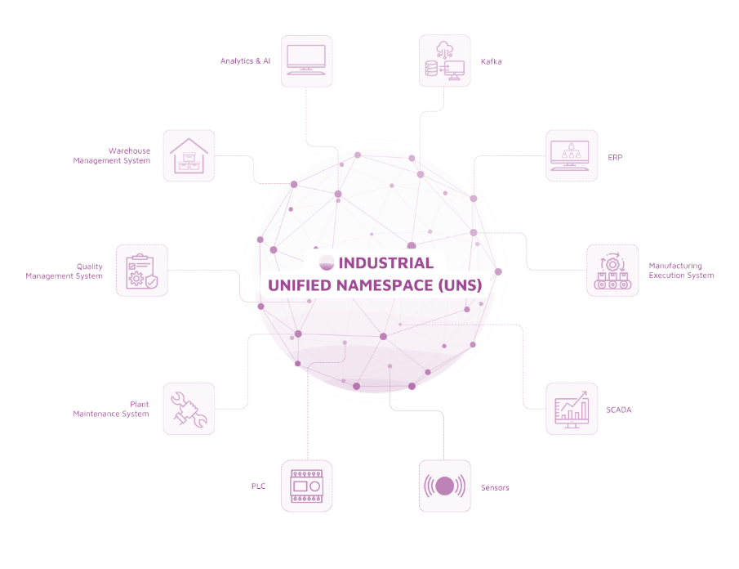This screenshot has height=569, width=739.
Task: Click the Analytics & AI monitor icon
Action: click(306, 60)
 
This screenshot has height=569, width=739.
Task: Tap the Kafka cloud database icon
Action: click(444, 60)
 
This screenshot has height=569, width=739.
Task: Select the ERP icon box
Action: click(572, 155)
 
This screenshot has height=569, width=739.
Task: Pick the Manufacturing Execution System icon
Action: click(612, 270)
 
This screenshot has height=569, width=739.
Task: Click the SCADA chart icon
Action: click(572, 408)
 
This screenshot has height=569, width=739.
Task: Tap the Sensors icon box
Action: click(444, 486)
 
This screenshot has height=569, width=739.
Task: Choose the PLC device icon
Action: click(306, 486)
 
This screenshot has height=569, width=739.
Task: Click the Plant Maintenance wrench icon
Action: click(189, 408)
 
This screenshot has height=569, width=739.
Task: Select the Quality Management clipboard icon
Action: click(141, 270)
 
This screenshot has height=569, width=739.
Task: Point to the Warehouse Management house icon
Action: click(189, 155)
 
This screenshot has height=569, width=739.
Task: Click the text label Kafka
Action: click(491, 61)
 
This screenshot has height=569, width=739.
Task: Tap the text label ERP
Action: click(615, 157)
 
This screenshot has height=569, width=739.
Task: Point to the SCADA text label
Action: click(619, 409)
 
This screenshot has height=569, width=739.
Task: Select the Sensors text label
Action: click(495, 487)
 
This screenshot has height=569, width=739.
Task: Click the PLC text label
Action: click(258, 486)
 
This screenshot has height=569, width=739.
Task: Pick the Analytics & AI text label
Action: click(245, 61)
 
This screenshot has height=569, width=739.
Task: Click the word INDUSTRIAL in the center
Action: click(385, 263)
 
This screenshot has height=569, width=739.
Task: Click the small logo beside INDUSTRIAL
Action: click(327, 262)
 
